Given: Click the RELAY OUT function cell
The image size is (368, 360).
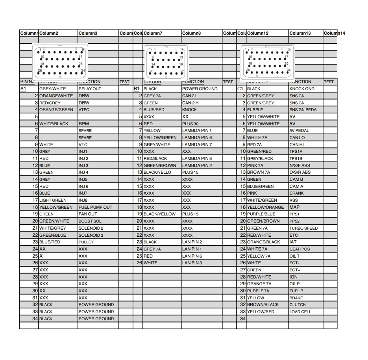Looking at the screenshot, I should pos(90,89).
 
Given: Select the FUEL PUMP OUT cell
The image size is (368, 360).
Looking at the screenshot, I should pos(95,207).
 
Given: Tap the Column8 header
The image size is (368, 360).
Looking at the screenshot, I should pos(191,33).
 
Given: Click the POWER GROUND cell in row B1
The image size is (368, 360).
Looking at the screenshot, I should pos(200,89).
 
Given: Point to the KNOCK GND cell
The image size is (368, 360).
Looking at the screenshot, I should pos(302,89).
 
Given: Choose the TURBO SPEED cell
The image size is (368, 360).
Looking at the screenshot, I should pos(303,228).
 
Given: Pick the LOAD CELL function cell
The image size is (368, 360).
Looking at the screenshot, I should pos(300,312).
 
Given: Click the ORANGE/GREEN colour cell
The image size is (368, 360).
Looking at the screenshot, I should pos(56,110).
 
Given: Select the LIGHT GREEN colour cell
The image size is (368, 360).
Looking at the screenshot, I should pos(53,200).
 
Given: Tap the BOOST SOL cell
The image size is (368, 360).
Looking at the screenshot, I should pos(90,221).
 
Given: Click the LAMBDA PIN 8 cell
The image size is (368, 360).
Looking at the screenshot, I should pos(197,159).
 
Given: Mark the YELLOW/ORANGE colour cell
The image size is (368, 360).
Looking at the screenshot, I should pos(265,207).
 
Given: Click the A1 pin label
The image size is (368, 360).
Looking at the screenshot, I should pos(23,89).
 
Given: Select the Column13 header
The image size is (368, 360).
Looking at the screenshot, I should pos(300,33).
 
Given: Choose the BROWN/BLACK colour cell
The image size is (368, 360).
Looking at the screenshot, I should pos(263,305).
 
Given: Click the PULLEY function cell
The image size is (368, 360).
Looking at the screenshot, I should pos(86,242).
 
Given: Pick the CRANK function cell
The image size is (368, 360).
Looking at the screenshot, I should pos(296,193).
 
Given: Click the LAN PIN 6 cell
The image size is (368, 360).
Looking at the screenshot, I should pos(192,256).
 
